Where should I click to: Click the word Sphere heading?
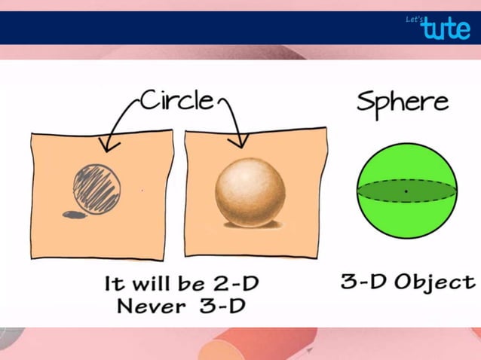pyautogui.click(x=402, y=102)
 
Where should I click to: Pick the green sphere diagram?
pyautogui.click(x=406, y=192)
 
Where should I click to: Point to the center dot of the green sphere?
pyautogui.click(x=406, y=192)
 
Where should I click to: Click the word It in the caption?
pyautogui.click(x=114, y=285)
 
